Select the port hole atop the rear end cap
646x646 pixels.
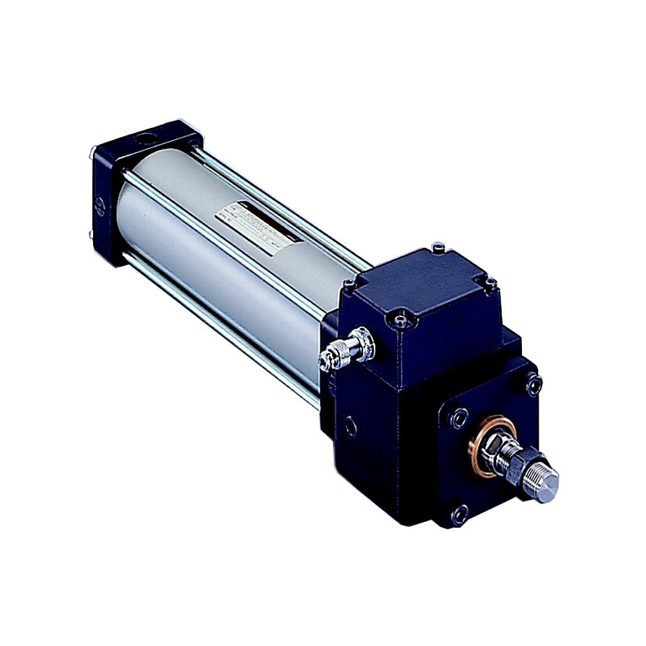tap(147, 138)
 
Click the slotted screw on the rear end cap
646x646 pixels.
tap(100, 206)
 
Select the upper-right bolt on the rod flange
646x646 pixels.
tap(534, 385)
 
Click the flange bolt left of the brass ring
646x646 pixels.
tap(459, 417)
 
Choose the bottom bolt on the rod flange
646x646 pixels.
tap(459, 515)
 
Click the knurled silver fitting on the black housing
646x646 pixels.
tap(349, 349)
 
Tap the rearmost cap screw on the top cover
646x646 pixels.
tap(439, 247)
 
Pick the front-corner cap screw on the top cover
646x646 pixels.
tap(402, 318)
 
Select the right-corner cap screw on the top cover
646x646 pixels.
tap(491, 283)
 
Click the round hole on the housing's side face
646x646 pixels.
tap(350, 426)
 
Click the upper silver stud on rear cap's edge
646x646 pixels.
tap(92, 154)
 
